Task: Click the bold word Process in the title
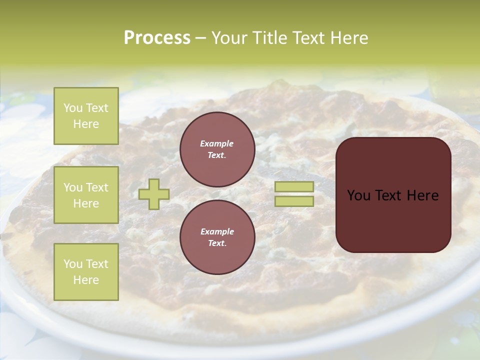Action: [x=157, y=38]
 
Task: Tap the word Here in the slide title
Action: [x=348, y=38]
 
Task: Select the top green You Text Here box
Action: [x=86, y=116]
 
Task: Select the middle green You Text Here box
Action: [x=86, y=195]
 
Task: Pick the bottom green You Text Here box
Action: [x=86, y=272]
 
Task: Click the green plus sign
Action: [x=154, y=194]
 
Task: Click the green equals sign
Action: [x=294, y=194]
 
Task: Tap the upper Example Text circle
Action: [x=217, y=149]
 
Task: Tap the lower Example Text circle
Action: [x=217, y=237]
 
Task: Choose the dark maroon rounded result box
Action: [x=393, y=194]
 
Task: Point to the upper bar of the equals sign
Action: [x=294, y=186]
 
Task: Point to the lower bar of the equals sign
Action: [x=294, y=201]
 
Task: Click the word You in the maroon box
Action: [x=359, y=195]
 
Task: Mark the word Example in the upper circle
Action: [x=217, y=143]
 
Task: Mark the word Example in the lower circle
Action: [x=217, y=231]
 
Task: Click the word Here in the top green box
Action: [x=86, y=124]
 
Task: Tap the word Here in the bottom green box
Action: [x=86, y=280]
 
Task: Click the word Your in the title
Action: [x=229, y=38]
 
